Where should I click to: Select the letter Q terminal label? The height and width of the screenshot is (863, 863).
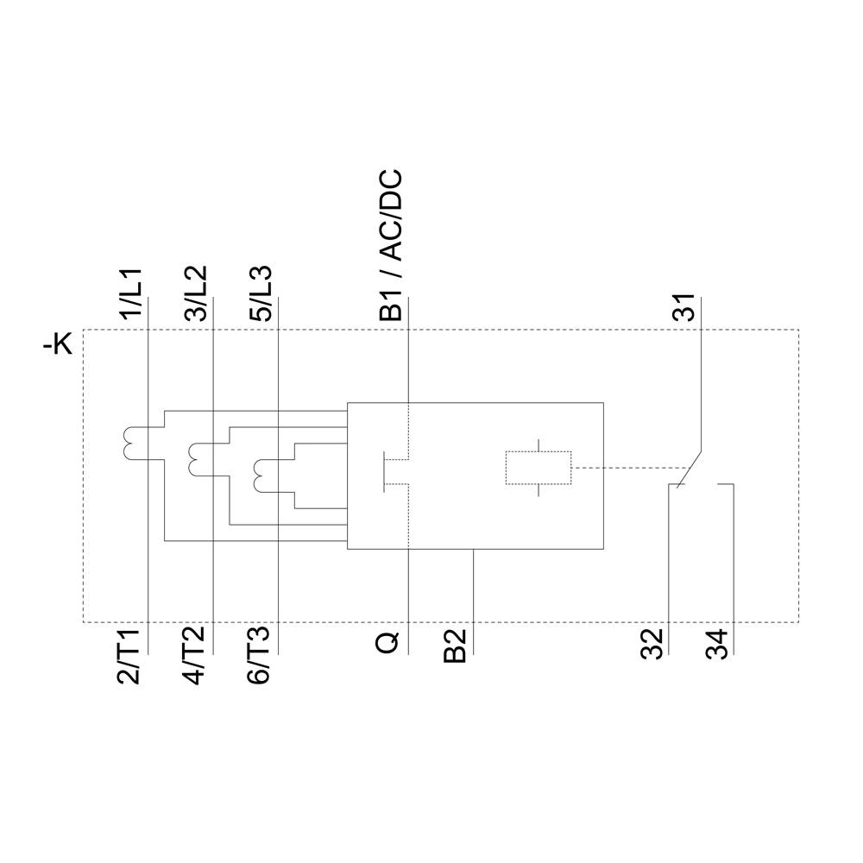[389, 643]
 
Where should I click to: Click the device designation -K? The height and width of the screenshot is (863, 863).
[59, 346]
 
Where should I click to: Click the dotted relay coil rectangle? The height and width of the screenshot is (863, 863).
[538, 468]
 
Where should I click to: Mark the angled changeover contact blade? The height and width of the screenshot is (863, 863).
[690, 468]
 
